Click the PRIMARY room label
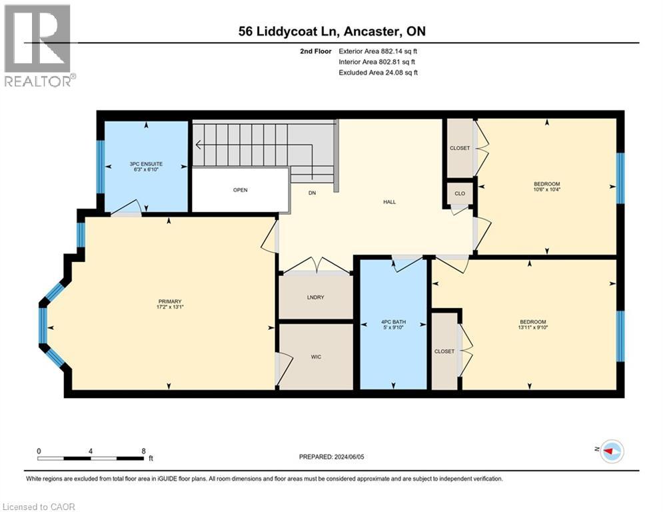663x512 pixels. pyautogui.click(x=169, y=301)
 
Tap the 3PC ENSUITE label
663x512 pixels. pyautogui.click(x=146, y=164)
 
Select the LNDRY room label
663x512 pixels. pyautogui.click(x=315, y=297)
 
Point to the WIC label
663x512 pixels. pyautogui.click(x=316, y=357)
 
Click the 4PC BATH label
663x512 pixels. pyautogui.click(x=393, y=321)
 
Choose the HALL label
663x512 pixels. pyautogui.click(x=389, y=202)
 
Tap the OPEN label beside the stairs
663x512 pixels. pyautogui.click(x=240, y=190)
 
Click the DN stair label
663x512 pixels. pyautogui.click(x=312, y=193)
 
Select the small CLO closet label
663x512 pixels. pyautogui.click(x=460, y=193)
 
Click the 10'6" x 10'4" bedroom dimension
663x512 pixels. pyautogui.click(x=546, y=189)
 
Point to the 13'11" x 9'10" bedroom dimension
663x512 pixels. pyautogui.click(x=533, y=327)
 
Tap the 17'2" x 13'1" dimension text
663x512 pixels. pyautogui.click(x=169, y=307)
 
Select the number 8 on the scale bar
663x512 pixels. pyautogui.click(x=143, y=451)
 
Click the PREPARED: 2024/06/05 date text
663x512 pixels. pyautogui.click(x=331, y=457)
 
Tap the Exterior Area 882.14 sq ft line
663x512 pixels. pyautogui.click(x=378, y=51)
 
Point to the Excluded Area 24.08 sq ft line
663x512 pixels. pyautogui.click(x=378, y=73)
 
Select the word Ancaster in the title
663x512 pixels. pyautogui.click(x=372, y=31)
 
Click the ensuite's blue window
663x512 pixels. pyautogui.click(x=101, y=167)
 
